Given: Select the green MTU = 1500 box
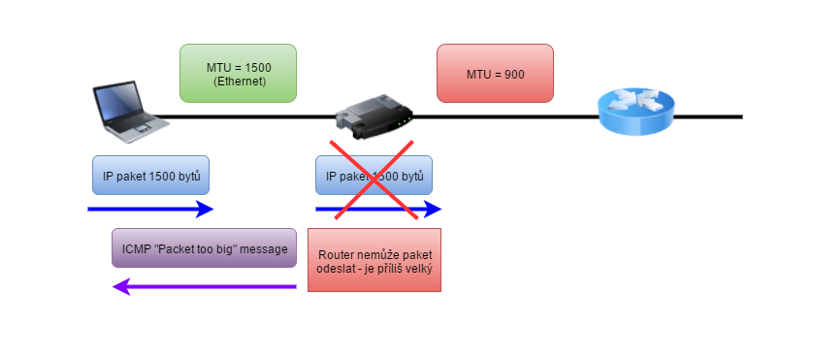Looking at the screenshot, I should [238, 73].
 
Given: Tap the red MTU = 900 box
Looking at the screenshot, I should [495, 73].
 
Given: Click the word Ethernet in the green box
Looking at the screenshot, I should [238, 82].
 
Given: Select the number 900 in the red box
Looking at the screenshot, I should [512, 73].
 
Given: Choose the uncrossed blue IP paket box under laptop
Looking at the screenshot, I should [150, 177].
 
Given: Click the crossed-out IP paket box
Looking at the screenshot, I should [374, 177].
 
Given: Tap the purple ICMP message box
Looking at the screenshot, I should [204, 247].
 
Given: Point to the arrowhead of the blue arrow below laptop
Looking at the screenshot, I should [206, 209].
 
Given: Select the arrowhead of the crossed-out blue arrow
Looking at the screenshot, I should [434, 209].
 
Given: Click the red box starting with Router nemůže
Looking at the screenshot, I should [374, 260].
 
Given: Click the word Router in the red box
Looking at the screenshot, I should [337, 254].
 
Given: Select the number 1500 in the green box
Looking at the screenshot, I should [254, 66].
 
